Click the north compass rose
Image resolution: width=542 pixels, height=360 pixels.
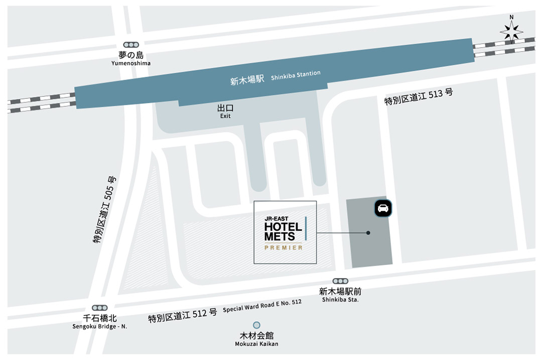point(511,31)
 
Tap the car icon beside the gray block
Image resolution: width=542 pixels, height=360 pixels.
point(383,208)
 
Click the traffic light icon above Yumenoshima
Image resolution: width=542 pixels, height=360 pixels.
point(131,45)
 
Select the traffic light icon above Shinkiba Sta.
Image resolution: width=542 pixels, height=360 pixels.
point(340,282)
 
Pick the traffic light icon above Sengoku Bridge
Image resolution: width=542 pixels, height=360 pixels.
point(99,308)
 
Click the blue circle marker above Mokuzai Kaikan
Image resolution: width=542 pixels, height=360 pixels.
point(256,325)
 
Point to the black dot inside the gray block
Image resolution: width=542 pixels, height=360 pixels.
point(368,233)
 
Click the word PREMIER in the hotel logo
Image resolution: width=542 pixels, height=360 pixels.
point(284,248)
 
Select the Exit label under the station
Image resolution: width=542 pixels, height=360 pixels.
point(225,116)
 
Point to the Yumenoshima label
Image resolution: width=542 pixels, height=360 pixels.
point(131,63)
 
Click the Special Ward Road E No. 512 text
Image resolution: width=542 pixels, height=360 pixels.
point(262,306)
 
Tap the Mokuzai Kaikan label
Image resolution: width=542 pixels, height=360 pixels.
point(256,343)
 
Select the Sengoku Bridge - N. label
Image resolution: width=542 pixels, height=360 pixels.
point(99,326)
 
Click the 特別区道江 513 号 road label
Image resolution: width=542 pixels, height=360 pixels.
point(419,96)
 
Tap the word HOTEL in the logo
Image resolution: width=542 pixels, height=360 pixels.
point(283,227)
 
